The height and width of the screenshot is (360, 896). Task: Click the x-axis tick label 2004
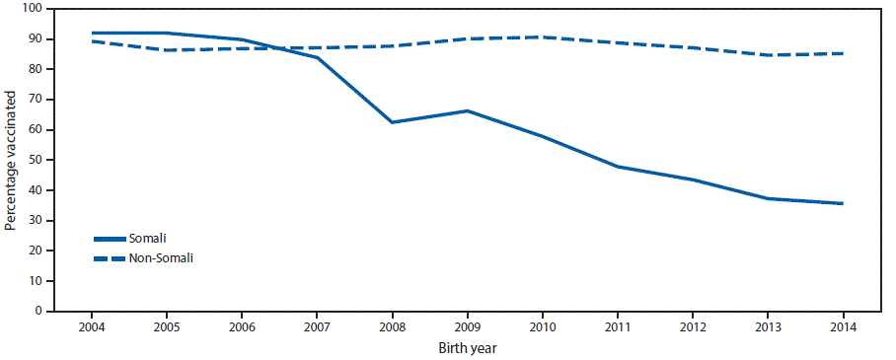91,327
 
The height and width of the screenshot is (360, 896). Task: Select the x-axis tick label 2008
393,327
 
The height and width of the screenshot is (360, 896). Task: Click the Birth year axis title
468,347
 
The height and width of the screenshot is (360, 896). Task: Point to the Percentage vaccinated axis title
11,160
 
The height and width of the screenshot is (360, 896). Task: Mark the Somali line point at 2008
393,122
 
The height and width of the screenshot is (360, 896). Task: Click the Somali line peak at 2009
468,110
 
